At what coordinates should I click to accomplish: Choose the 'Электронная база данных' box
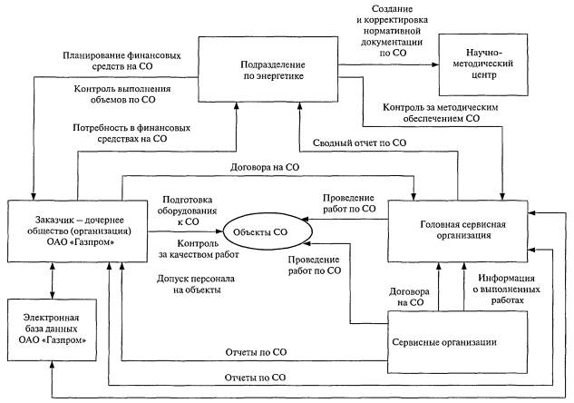point(52,326)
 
